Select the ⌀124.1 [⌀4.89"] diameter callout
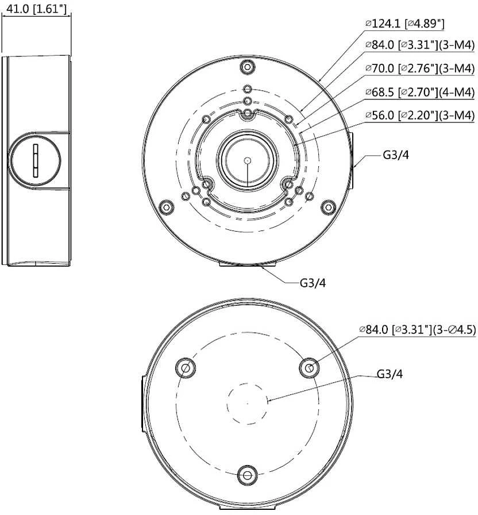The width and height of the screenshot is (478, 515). coord(405,24)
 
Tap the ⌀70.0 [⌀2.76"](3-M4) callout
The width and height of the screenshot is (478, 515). coord(420,68)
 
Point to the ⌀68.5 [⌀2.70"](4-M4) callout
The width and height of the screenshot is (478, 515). coord(420,92)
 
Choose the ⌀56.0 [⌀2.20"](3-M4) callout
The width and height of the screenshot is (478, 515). coord(420,115)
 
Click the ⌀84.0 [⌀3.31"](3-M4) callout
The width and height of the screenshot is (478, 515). coord(420,45)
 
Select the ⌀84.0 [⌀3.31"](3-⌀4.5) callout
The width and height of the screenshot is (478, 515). coord(418,329)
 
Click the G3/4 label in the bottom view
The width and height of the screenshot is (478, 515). coord(390,374)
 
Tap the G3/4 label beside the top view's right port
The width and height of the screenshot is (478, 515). coord(396,155)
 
